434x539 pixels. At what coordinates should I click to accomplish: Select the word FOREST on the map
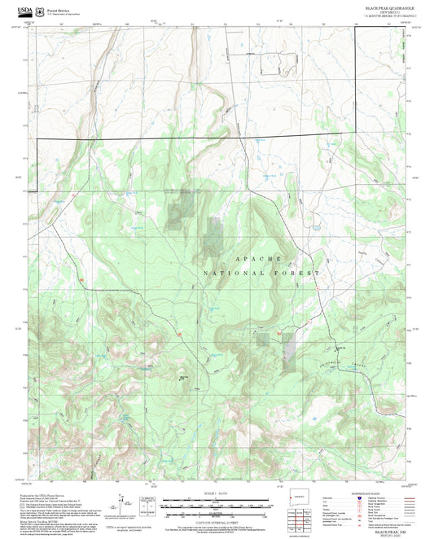point(297,273)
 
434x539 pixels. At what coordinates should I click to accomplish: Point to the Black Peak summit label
point(184,376)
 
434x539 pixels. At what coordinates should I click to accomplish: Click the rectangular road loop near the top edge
point(271,63)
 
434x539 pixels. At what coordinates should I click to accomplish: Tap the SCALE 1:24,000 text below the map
point(216,493)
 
